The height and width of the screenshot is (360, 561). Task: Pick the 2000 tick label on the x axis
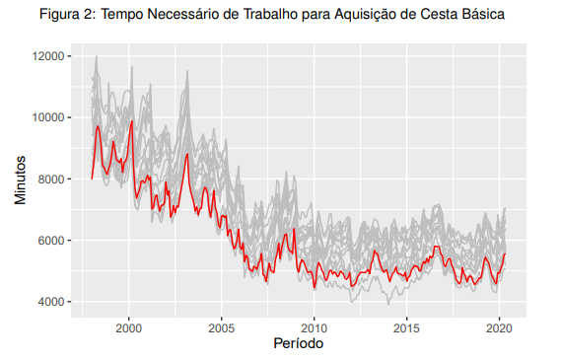[129, 325]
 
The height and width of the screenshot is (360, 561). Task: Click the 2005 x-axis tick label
[221, 325]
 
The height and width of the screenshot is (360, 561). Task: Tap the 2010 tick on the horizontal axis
[314, 325]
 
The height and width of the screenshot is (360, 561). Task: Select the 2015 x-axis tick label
[406, 325]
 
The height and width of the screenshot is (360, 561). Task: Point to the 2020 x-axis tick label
[498, 325]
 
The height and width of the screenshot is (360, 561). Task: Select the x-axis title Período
[297, 344]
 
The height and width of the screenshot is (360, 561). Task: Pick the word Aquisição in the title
[370, 16]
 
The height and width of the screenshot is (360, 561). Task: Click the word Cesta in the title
[447, 16]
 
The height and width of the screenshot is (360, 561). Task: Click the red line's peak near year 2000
[131, 121]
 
